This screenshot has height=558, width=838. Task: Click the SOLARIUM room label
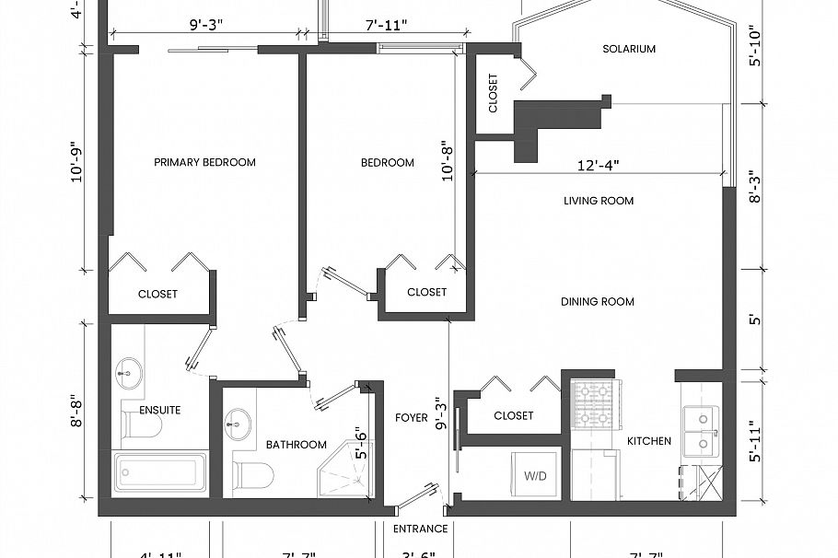(629, 50)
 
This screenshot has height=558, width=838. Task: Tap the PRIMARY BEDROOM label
(204, 163)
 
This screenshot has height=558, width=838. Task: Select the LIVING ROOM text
(599, 201)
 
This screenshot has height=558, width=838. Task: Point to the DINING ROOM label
(598, 302)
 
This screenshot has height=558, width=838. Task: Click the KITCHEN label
(649, 441)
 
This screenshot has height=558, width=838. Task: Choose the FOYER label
(411, 418)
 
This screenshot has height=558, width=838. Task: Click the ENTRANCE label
(420, 529)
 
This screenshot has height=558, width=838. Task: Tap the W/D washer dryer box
(535, 475)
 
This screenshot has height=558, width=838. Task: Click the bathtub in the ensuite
(160, 472)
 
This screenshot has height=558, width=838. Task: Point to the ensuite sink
(128, 375)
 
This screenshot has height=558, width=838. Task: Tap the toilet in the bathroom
(254, 476)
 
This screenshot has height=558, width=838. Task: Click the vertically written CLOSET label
(493, 94)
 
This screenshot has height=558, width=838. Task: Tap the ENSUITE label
(159, 410)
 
